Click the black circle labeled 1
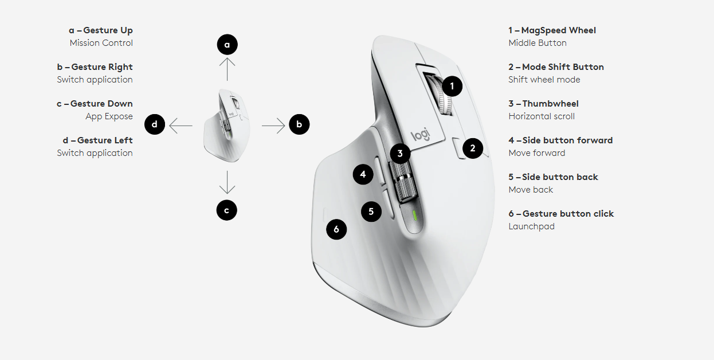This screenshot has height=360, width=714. (452, 86)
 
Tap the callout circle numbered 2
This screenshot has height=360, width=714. (473, 148)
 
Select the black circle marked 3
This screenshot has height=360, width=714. (400, 154)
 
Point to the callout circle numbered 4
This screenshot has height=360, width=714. (363, 174)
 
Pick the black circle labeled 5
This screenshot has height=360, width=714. (371, 212)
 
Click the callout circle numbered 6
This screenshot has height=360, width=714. (336, 229)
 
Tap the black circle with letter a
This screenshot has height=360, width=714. (227, 45)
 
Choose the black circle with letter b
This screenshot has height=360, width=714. (299, 124)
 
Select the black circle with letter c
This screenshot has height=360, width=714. (226, 210)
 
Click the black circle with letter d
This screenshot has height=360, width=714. (155, 124)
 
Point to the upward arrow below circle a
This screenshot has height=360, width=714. (227, 69)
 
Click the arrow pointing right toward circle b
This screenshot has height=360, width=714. (273, 126)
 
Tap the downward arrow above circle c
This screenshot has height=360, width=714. (227, 182)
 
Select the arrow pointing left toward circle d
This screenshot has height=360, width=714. (181, 126)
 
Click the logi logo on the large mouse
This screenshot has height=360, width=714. (421, 135)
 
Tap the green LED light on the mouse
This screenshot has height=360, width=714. (415, 215)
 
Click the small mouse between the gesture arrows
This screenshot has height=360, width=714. (227, 126)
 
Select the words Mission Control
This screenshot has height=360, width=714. (101, 43)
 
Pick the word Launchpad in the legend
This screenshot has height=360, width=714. (531, 226)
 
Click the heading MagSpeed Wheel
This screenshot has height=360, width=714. (559, 30)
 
